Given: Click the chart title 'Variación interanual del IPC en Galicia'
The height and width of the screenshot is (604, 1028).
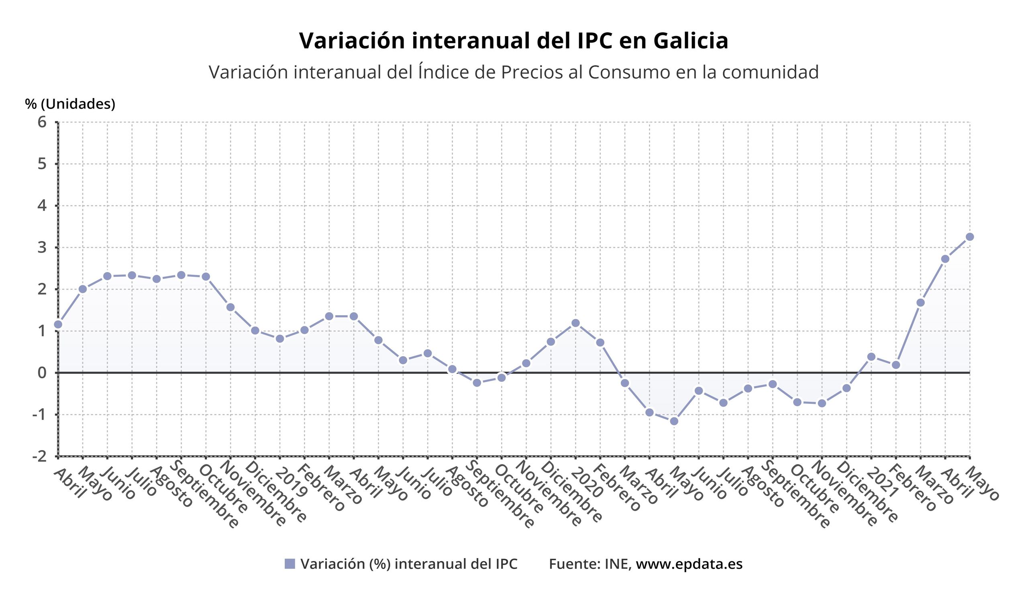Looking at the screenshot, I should click(x=514, y=41).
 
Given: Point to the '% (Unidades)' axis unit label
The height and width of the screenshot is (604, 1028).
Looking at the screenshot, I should click(x=70, y=104).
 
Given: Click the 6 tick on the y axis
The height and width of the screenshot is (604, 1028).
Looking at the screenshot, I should click(x=42, y=122).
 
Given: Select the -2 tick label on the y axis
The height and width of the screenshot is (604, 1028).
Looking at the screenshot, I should click(x=40, y=456).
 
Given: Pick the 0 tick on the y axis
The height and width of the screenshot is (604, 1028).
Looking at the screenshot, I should click(x=42, y=373).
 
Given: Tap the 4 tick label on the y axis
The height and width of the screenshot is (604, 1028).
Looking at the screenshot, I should click(x=42, y=206).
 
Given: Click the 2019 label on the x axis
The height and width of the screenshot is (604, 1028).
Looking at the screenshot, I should click(x=291, y=483).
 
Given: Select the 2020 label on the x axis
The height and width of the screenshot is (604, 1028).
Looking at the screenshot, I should click(x=587, y=483).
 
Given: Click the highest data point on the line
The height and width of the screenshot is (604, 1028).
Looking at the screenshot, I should click(x=970, y=237).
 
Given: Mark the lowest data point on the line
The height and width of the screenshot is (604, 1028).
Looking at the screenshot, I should click(x=674, y=421).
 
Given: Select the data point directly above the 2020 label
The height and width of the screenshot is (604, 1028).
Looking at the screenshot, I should click(x=575, y=323).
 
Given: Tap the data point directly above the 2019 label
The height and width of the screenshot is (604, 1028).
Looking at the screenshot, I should click(x=280, y=338).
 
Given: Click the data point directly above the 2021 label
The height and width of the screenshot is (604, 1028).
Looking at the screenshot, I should click(x=871, y=357).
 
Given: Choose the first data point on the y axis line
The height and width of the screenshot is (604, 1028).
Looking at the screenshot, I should click(x=58, y=324).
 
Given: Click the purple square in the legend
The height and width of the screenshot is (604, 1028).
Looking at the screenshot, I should click(x=290, y=563).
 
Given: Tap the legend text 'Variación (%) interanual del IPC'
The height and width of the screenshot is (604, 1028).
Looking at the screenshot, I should click(x=409, y=563).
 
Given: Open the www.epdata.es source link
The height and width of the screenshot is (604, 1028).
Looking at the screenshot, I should click(x=689, y=563).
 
